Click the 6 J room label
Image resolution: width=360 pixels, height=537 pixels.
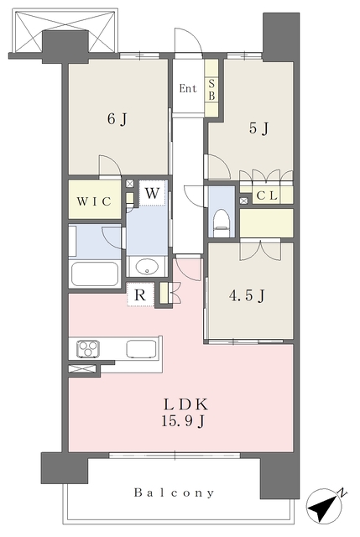(117, 118)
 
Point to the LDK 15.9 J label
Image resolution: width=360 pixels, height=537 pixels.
(180, 410)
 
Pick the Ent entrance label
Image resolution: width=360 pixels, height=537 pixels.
(188, 88)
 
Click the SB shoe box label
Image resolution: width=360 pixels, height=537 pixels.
(211, 89)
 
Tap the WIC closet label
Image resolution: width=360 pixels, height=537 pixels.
(94, 201)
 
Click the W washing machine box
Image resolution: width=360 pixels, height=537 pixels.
(152, 194)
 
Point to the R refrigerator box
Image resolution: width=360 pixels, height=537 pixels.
(140, 295)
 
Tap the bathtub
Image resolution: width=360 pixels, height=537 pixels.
(94, 274)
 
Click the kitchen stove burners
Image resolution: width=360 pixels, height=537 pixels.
(89, 348)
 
